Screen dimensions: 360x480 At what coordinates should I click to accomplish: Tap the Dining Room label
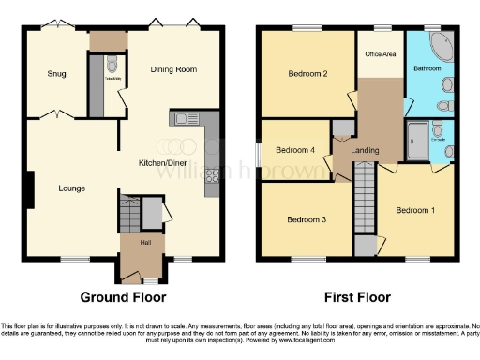[174, 69]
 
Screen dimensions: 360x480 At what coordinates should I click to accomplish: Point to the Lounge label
[71, 188]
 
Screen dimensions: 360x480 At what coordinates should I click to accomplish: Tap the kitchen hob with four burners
[212, 175]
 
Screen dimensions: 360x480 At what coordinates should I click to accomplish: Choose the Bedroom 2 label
[306, 75]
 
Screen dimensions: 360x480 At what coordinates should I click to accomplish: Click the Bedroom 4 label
[295, 149]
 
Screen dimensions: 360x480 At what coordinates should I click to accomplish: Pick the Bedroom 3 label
[306, 219]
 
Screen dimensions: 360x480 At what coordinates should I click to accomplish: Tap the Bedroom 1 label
[414, 210]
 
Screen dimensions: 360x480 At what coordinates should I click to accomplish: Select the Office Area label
[380, 54]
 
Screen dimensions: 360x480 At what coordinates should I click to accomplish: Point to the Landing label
[364, 150]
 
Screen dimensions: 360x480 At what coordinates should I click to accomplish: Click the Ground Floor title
[117, 297]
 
